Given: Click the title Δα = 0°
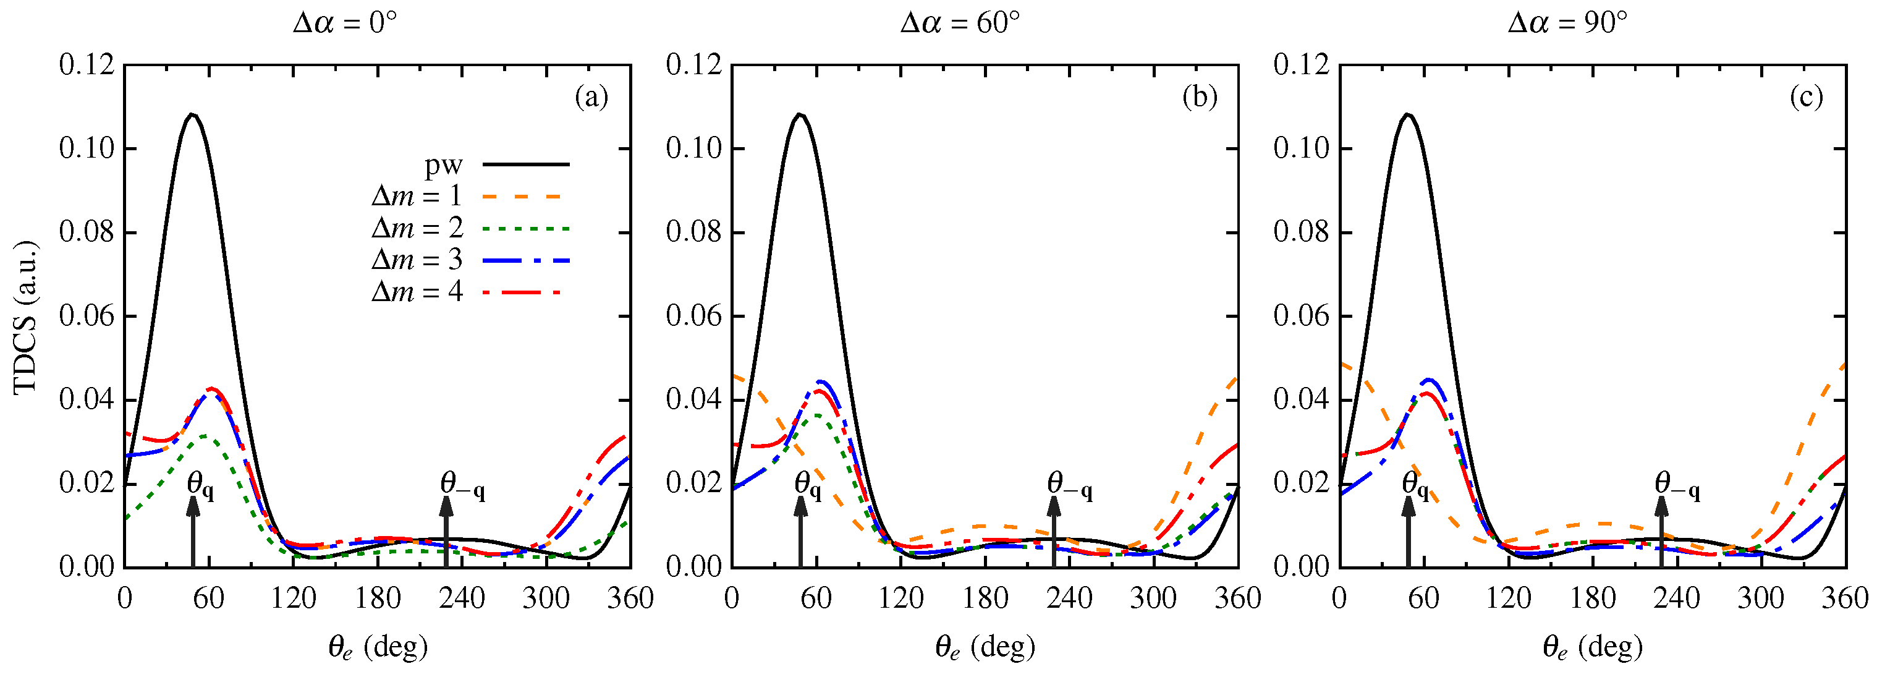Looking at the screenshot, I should click(x=345, y=23).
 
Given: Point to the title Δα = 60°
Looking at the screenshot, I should click(x=960, y=23).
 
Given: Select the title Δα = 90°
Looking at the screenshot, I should click(x=1567, y=23).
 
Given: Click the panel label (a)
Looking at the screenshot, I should click(x=591, y=96).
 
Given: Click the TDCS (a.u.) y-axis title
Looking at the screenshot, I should click(x=25, y=317).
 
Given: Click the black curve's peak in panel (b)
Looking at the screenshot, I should click(x=799, y=114).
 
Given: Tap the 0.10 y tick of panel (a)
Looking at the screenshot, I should click(x=87, y=148).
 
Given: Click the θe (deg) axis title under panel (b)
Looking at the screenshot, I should click(x=985, y=646).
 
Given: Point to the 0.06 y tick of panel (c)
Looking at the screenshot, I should click(x=1302, y=317).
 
